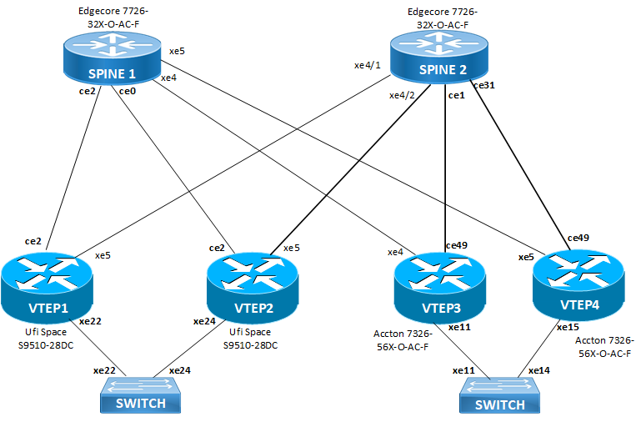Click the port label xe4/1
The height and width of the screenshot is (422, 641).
[367, 65]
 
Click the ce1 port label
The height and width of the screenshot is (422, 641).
[456, 95]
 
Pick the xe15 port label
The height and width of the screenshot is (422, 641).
[568, 326]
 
